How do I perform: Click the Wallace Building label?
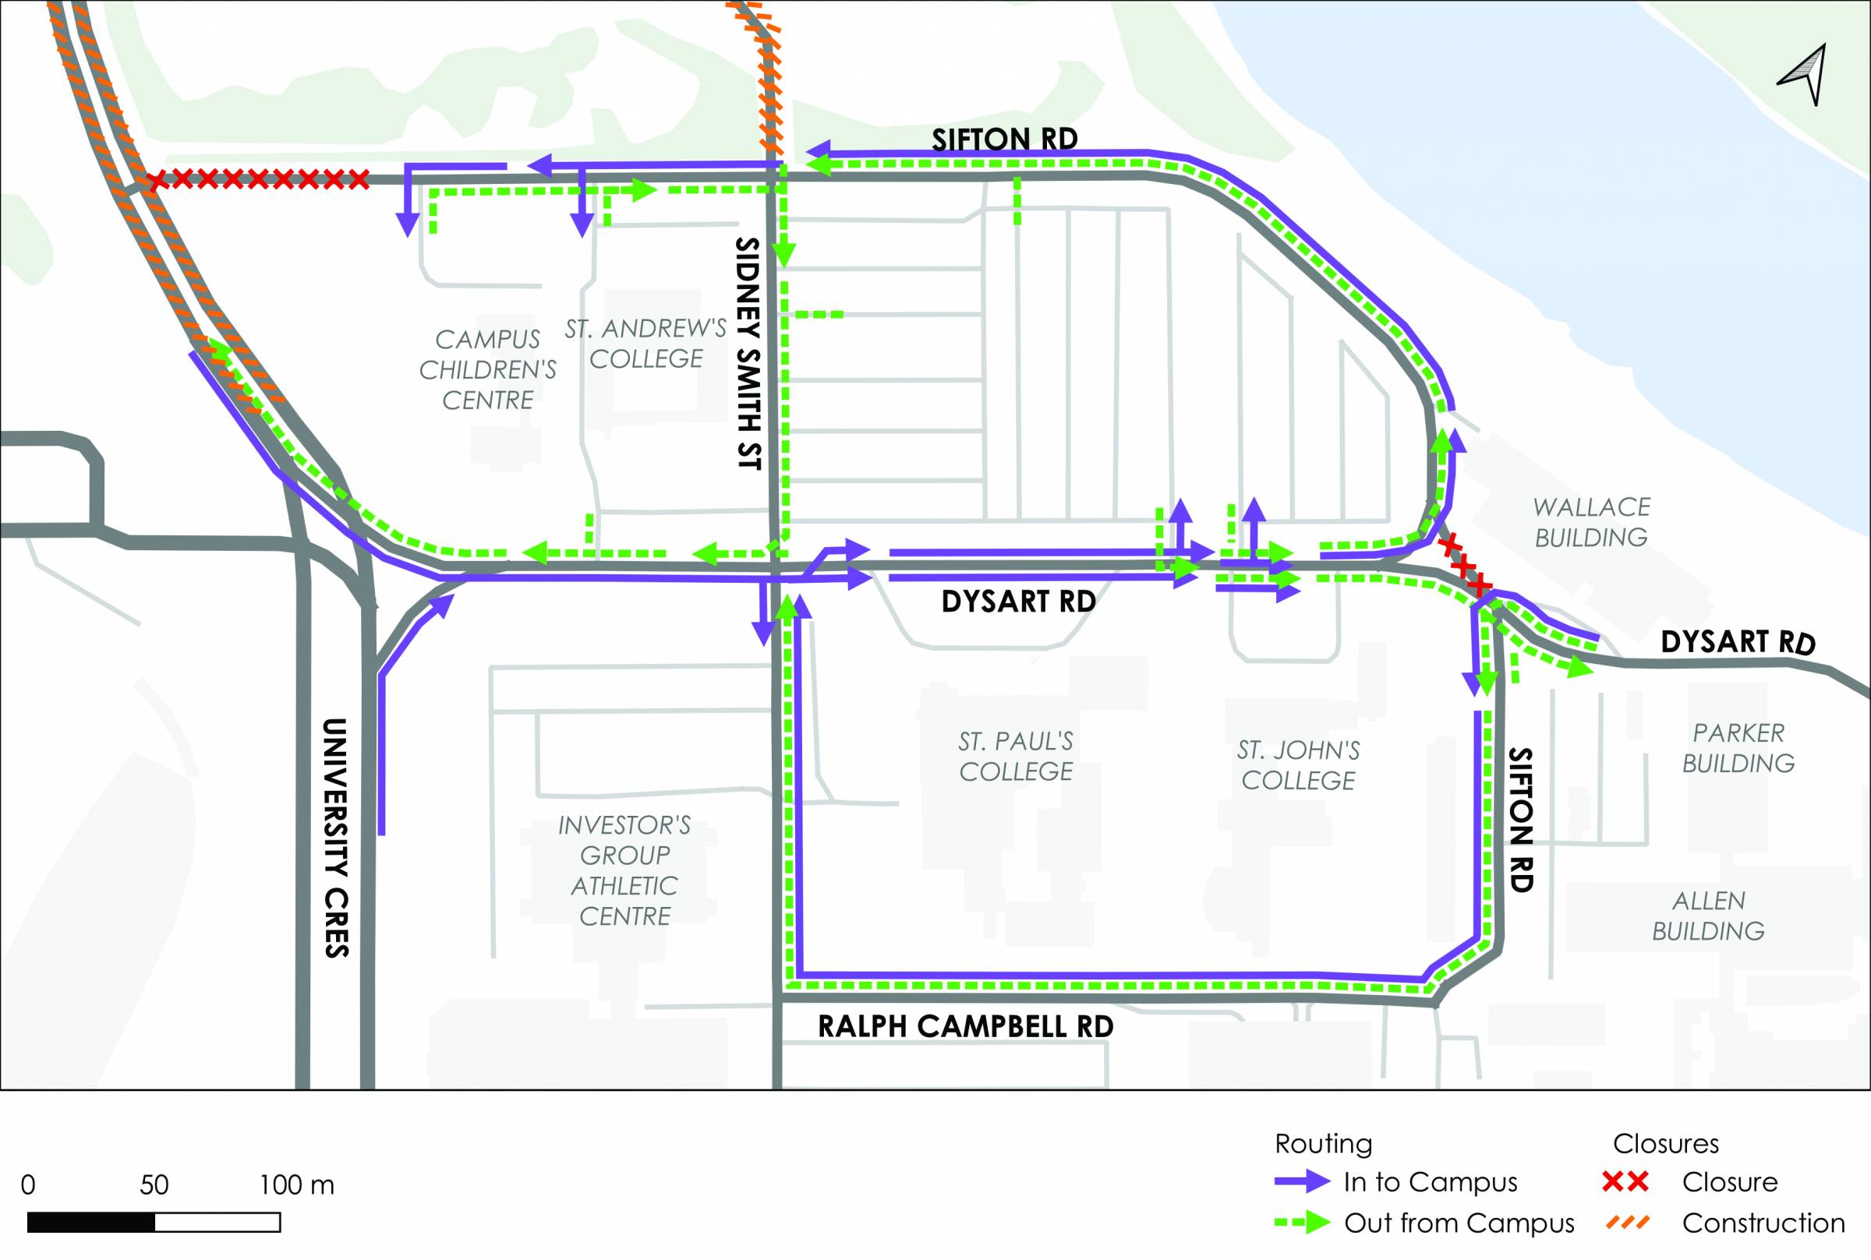(1590, 522)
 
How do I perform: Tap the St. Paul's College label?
(1016, 756)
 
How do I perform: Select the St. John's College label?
(1298, 765)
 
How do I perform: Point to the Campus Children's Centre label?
(488, 369)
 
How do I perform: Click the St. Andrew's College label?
(646, 344)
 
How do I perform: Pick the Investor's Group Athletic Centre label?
(624, 871)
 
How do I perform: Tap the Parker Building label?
(1738, 748)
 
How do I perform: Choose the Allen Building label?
(1708, 916)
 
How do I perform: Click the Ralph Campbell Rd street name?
(965, 1027)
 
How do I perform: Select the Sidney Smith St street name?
(748, 354)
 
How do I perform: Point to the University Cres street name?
(336, 838)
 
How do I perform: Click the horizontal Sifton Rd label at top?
(1005, 139)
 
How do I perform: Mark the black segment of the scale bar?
(90, 1223)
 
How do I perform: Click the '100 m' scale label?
(296, 1185)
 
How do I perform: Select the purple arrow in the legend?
(1302, 1181)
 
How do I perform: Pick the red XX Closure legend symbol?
(1625, 1181)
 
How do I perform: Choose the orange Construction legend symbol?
(1627, 1223)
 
